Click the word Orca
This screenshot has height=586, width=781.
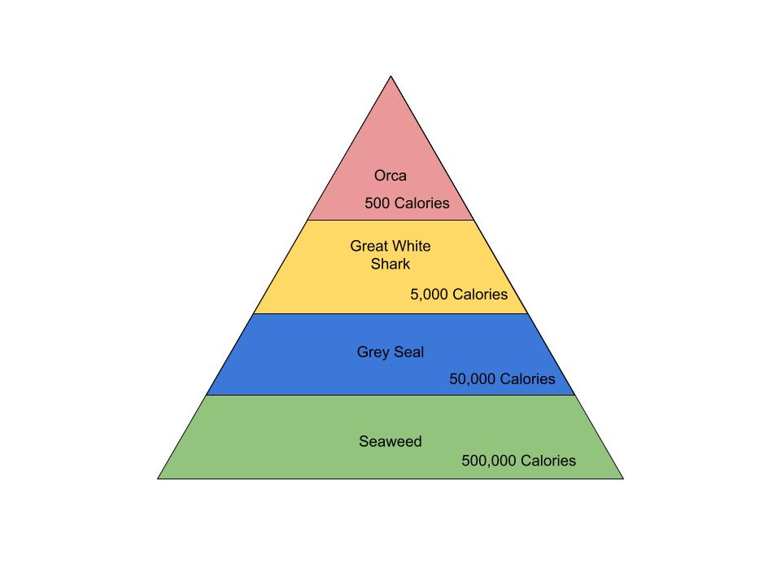coord(390,176)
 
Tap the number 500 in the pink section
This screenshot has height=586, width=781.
coord(377,203)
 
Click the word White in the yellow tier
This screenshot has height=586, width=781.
coord(412,246)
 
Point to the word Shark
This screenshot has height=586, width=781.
coord(390,265)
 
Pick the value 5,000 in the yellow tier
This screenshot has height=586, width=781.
coord(429,295)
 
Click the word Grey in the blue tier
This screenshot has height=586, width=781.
coord(373,352)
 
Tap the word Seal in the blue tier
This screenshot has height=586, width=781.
coord(409,352)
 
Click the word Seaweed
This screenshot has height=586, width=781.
coord(390,442)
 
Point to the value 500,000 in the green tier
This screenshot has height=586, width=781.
coord(489,461)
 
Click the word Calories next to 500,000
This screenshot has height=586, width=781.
coord(548,461)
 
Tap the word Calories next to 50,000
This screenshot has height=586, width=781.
coord(527,379)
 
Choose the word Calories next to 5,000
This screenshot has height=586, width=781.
coord(480,295)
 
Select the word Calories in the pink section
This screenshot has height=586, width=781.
coord(421,203)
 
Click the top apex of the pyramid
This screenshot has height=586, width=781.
coord(391,77)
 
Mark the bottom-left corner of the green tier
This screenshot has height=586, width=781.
coord(159,478)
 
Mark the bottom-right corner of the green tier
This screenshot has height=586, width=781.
coord(623,478)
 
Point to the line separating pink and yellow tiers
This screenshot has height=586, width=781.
coord(390,220)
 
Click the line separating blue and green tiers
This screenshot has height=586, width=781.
coord(390,396)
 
